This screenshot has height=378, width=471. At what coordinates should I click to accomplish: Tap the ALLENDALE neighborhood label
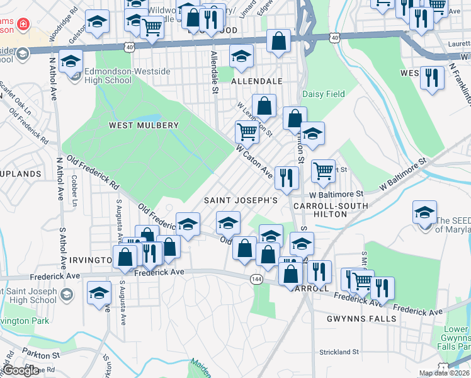coord(256,82)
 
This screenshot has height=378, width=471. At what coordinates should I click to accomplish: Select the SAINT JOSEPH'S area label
coord(241,200)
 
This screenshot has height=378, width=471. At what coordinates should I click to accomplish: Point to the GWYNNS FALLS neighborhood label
coord(361,319)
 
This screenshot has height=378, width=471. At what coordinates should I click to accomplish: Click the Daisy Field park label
coord(324,94)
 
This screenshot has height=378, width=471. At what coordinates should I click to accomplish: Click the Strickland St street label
coord(339,352)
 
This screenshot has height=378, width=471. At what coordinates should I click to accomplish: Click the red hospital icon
coord(23,24)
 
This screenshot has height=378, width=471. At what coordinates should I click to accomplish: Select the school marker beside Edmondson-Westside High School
coord(72,61)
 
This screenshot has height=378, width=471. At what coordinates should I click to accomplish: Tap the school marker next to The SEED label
coord(425,212)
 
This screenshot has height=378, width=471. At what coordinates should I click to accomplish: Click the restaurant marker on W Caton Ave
coord(286,177)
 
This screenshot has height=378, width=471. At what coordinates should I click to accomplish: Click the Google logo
coord(21,370)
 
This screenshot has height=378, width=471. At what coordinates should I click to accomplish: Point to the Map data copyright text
coord(444,373)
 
